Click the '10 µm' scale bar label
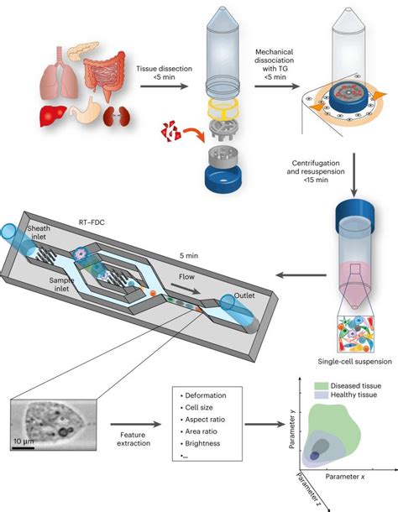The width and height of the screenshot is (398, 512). (x=24, y=439)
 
